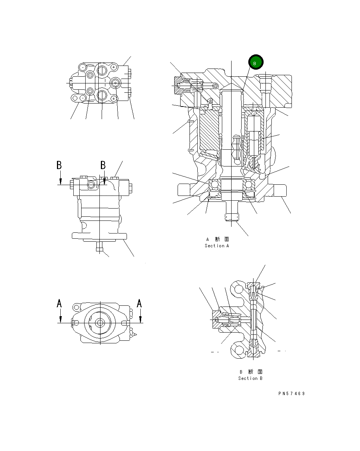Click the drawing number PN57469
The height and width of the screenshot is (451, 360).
coord(291,394)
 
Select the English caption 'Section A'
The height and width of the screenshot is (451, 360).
coord(217,246)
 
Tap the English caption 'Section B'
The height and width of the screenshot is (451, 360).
coord(250,378)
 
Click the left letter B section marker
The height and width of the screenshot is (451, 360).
coord(59,165)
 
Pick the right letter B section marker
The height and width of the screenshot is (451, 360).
coord(103,165)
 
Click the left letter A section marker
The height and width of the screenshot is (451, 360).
coord(59,304)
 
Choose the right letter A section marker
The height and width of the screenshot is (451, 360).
coord(139,304)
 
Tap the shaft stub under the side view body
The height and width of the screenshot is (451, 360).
coord(99,247)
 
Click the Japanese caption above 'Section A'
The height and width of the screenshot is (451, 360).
coord(217,239)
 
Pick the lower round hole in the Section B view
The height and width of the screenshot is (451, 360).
coord(239,350)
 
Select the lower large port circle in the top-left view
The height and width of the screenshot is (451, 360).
coord(102,95)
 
